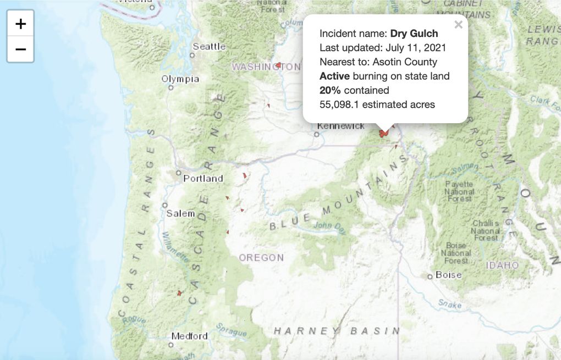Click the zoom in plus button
(20, 24)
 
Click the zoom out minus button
(20, 49)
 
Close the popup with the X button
(458, 25)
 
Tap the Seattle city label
(208, 47)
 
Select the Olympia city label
(180, 79)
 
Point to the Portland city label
(203, 178)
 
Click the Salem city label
(180, 213)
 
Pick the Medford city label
(189, 336)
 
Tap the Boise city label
(448, 275)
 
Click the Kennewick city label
(341, 126)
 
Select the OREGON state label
(261, 257)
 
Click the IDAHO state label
(502, 265)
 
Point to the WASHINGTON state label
(266, 67)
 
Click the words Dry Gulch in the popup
(414, 34)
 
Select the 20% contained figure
(330, 90)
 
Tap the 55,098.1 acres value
(345, 104)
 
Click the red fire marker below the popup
(383, 133)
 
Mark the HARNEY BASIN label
(336, 330)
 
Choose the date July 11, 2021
(416, 48)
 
